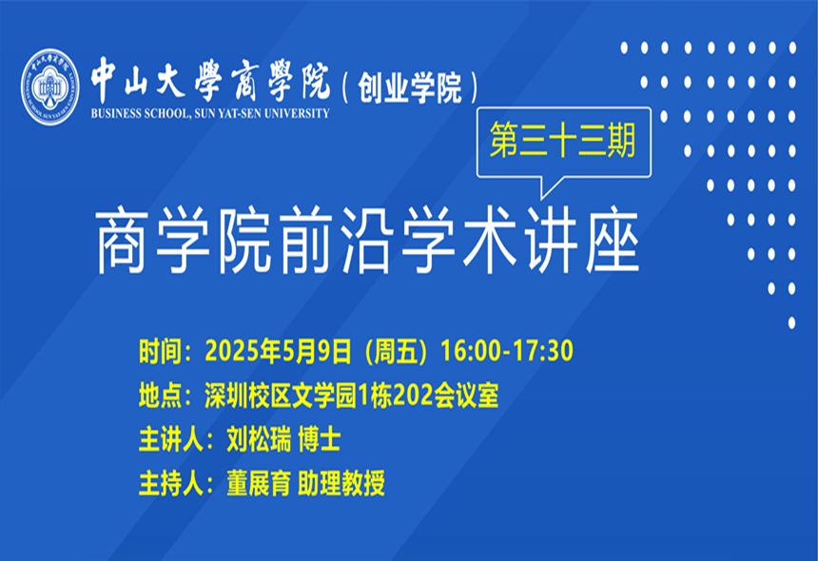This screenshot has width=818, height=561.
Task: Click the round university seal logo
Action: (50, 87)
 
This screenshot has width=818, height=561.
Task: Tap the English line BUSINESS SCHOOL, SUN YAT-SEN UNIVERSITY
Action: (210, 114)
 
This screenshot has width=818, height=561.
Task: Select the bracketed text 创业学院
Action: (410, 87)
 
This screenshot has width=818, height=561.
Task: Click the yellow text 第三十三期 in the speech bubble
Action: (563, 140)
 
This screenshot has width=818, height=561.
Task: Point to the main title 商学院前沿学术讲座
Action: (368, 241)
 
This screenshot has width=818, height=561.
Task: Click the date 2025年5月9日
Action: (278, 351)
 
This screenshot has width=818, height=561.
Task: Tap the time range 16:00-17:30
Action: (507, 350)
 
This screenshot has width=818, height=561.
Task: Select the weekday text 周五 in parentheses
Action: (397, 351)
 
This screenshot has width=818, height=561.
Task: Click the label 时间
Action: (160, 351)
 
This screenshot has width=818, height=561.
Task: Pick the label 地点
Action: (160, 396)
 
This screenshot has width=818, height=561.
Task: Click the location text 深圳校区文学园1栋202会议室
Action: (352, 396)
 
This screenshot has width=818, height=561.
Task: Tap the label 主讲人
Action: (170, 439)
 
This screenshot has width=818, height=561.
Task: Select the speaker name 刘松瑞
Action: (259, 439)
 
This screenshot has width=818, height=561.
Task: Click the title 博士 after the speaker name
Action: (320, 439)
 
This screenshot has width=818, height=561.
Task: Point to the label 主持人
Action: (170, 483)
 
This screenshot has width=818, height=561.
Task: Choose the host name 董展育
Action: (259, 483)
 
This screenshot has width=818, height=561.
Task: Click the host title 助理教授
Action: (341, 483)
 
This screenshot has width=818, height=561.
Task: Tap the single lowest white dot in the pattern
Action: (791, 322)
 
